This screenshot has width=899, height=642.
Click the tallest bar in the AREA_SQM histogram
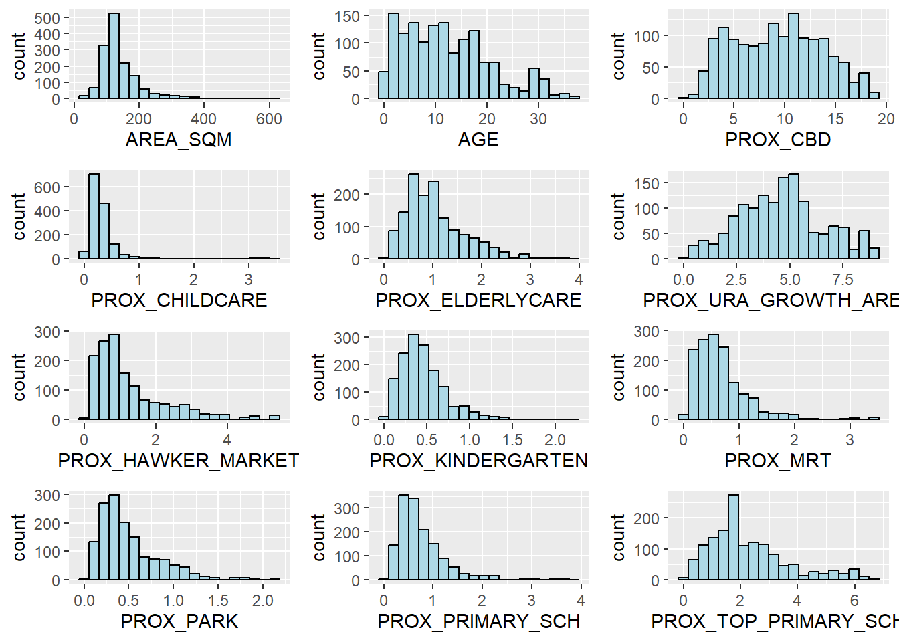tap(114, 57)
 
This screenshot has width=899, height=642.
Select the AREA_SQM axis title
tap(179, 140)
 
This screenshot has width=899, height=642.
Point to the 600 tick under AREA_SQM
tap(269, 119)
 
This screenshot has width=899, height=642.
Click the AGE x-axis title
tap(478, 140)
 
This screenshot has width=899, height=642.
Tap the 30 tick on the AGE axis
tap(538, 119)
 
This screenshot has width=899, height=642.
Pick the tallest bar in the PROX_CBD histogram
tap(793, 57)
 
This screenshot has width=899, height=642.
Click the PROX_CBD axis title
tap(778, 140)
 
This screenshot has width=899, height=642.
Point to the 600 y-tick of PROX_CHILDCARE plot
tap(47, 187)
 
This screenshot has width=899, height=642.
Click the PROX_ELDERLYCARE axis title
tap(478, 300)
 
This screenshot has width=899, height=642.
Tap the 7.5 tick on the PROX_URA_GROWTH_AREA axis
tap(843, 280)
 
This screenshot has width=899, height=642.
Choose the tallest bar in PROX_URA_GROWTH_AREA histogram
tap(793, 217)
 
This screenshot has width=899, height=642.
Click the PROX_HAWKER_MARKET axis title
tap(179, 461)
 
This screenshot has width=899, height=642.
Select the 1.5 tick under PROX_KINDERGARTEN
tap(512, 440)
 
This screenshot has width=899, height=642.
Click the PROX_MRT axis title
tap(778, 461)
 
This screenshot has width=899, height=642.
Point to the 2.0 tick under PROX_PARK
tap(263, 601)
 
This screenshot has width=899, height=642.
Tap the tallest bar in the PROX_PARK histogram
tap(114, 538)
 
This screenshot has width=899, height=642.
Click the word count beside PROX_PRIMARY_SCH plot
tap(319, 537)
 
